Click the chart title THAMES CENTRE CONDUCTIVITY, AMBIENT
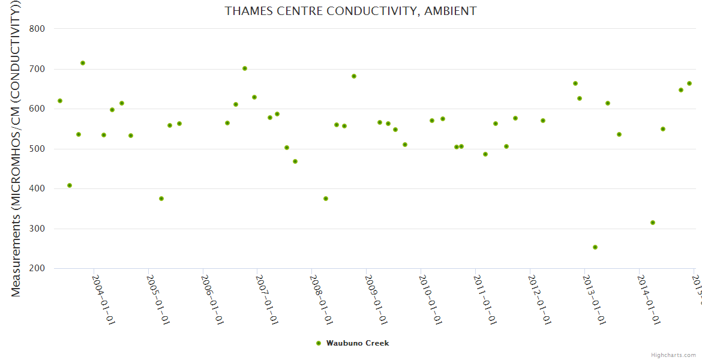tap(350, 11)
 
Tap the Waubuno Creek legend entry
tap(357, 343)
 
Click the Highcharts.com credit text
tap(673, 355)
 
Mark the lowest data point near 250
tap(595, 247)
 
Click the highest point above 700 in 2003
tap(83, 63)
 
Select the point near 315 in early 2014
tap(653, 223)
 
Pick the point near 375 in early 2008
tap(326, 199)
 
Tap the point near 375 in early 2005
tap(161, 199)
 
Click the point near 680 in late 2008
tap(354, 76)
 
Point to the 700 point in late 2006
tap(245, 68)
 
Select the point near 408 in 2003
tap(70, 185)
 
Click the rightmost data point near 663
tap(689, 83)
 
